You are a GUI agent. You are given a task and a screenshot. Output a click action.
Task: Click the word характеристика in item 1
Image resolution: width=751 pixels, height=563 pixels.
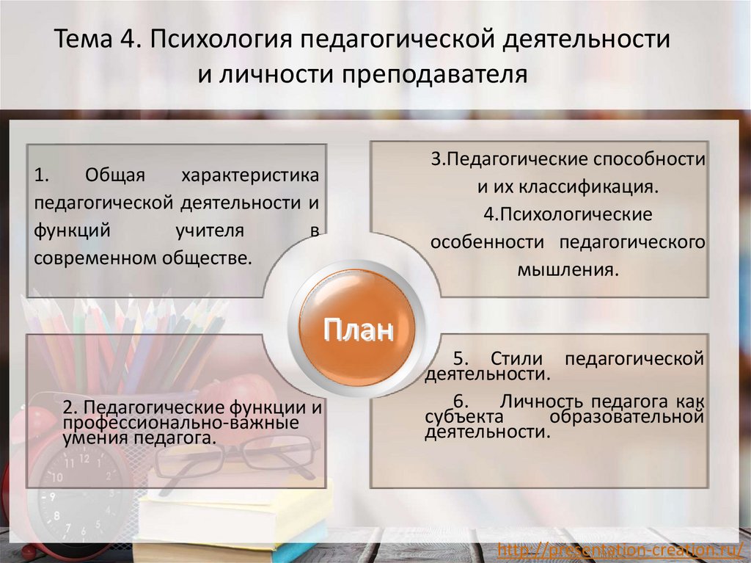tap(250, 175)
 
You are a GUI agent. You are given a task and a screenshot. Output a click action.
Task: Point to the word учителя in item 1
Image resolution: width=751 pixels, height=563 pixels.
tap(209, 230)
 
